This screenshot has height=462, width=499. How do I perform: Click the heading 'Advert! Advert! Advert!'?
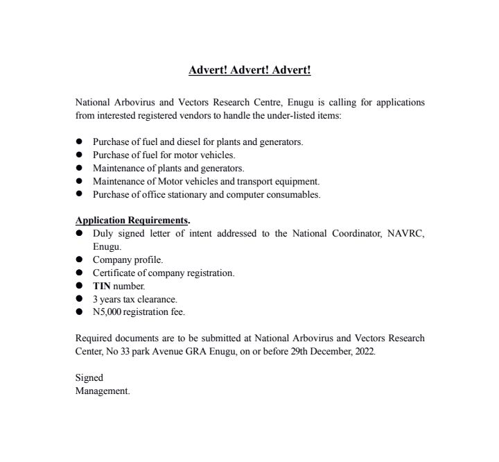coord(249,70)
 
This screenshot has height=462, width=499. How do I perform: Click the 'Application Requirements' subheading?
coord(132,221)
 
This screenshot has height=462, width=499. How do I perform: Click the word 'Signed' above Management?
coord(89,378)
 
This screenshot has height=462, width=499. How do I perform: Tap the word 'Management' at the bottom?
coord(102,391)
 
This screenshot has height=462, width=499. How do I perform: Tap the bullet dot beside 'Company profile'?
coord(79,260)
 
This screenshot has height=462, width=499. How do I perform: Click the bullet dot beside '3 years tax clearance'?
coord(79,299)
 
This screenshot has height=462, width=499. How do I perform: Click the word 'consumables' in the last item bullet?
coord(294,194)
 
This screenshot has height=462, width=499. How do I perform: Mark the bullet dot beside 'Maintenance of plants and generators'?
coord(79,168)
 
